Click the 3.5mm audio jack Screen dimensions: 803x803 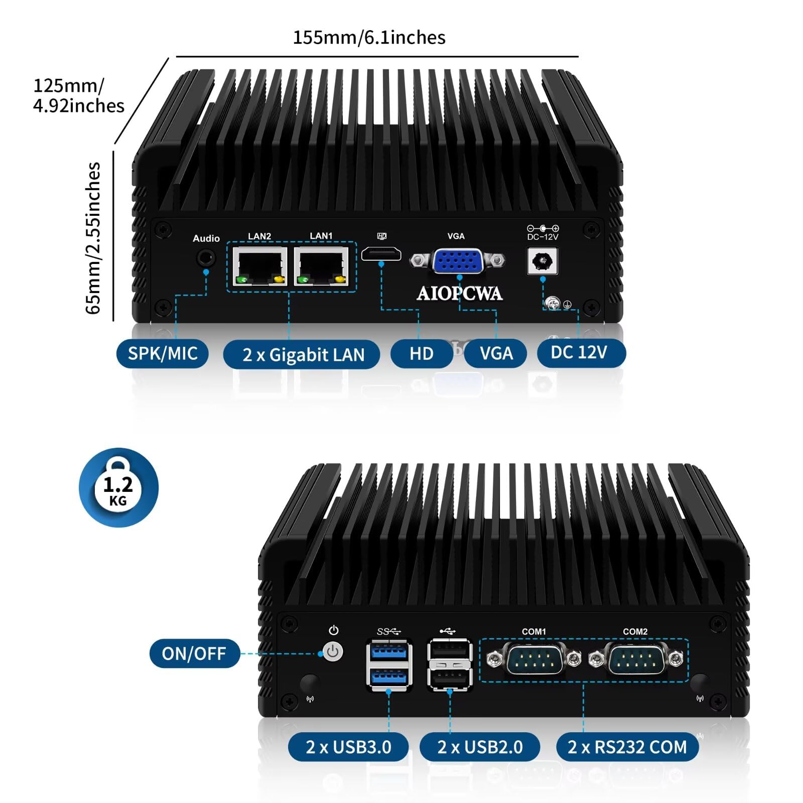pyautogui.click(x=205, y=258)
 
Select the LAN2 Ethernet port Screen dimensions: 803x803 pyautogui.click(x=260, y=266)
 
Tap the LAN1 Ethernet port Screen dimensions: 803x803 pyautogui.click(x=322, y=266)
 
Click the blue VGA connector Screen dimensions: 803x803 pyautogui.click(x=457, y=261)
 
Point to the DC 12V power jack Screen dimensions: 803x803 pyautogui.click(x=543, y=261)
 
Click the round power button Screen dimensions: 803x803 pyautogui.click(x=333, y=652)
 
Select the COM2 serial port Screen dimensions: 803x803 pyautogui.click(x=636, y=659)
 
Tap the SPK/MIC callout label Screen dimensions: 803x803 pyautogui.click(x=163, y=353)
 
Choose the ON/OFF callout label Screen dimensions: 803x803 pyautogui.click(x=194, y=653)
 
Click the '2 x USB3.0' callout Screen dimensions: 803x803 pyautogui.click(x=348, y=747)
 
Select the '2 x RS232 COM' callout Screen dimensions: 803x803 pyautogui.click(x=627, y=747)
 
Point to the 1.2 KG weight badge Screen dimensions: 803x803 pyautogui.click(x=118, y=488)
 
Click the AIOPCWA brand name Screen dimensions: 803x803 pyautogui.click(x=459, y=294)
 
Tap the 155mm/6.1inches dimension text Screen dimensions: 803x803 pyautogui.click(x=369, y=38)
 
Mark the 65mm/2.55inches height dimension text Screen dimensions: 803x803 pyautogui.click(x=93, y=238)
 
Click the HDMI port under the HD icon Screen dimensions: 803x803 pyautogui.click(x=381, y=254)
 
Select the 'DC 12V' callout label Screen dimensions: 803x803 pyautogui.click(x=579, y=352)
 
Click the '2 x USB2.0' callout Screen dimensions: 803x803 pyautogui.click(x=480, y=747)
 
